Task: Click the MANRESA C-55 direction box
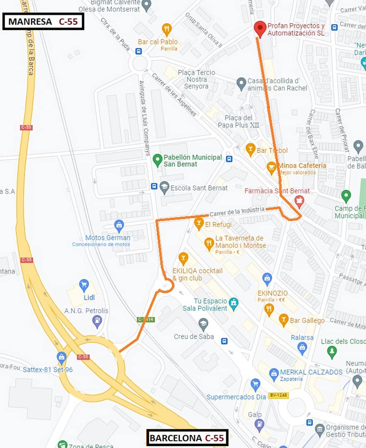click(x=44, y=22)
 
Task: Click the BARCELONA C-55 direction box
click(x=187, y=438)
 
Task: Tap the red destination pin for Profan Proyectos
click(x=260, y=28)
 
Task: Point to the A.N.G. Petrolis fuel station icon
click(x=97, y=321)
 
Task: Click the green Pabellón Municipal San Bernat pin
click(x=157, y=159)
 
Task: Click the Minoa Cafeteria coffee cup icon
click(x=271, y=167)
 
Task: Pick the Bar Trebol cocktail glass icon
click(x=250, y=149)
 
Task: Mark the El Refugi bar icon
click(x=199, y=223)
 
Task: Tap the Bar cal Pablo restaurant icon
click(x=167, y=29)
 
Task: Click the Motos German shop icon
click(x=119, y=225)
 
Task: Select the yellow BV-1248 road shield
click(x=278, y=395)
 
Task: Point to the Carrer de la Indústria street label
click(x=237, y=211)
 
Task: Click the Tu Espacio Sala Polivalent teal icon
click(x=234, y=303)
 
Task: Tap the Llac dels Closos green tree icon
click(x=332, y=352)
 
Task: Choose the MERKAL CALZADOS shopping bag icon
click(x=274, y=374)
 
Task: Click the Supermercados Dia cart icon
click(x=256, y=384)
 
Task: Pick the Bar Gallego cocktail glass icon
click(x=283, y=319)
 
